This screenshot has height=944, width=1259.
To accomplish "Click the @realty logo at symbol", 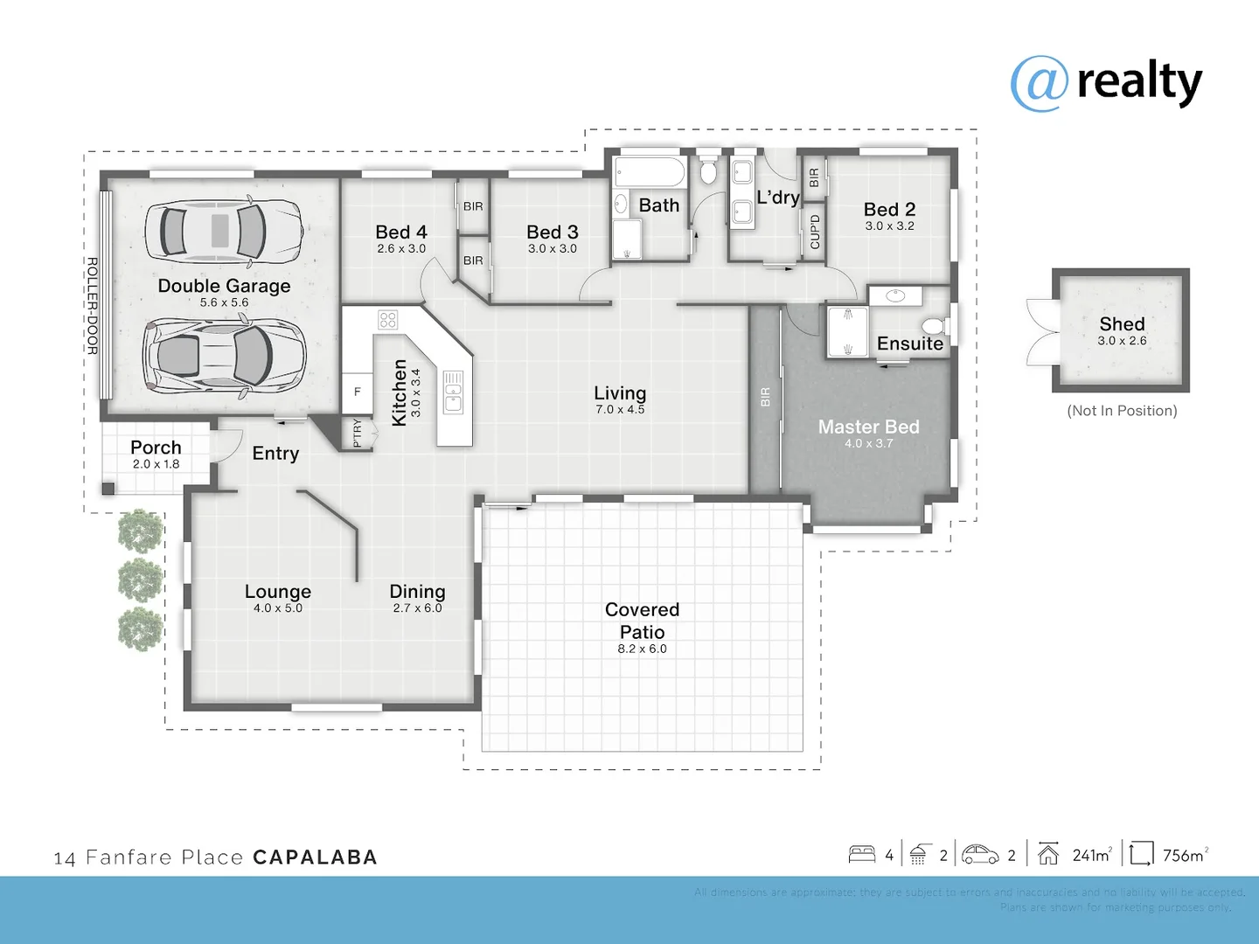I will pos(1039,84).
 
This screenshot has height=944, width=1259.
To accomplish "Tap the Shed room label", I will pos(1122,324).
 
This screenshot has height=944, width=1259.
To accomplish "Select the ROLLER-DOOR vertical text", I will pos(92,306).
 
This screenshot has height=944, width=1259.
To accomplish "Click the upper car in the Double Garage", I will pos(224,231).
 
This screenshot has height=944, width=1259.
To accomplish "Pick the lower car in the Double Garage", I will pos(224,357).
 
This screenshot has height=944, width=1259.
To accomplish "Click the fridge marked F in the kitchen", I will pos(357,392).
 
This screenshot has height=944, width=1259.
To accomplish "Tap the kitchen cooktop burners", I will pos(387,320).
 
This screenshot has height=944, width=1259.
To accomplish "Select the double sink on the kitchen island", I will pos(453,392).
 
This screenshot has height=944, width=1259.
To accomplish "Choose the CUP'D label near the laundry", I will pos(815,232).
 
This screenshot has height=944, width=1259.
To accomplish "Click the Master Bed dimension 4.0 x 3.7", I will pos(868,444).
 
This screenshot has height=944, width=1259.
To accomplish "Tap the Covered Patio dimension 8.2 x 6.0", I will pos(642,649).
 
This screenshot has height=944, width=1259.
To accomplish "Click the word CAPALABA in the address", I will pos(315,857).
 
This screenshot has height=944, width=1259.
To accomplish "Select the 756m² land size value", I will pos(1185,855).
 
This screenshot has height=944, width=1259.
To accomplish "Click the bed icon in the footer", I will pos(862,854).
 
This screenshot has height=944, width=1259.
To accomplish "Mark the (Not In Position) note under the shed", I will pos(1122,411).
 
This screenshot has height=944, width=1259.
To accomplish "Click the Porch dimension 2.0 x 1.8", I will pos(156,464).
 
